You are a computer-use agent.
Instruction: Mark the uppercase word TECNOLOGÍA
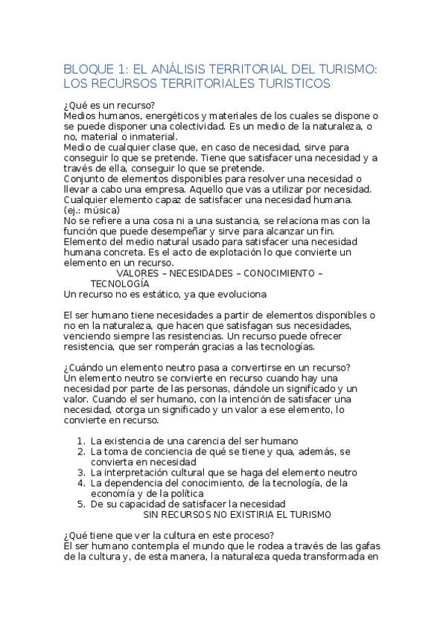pyautogui.click(x=119, y=284)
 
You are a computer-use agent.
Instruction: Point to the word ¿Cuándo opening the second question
pyautogui.click(x=87, y=368)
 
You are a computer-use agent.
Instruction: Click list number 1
pyautogui.click(x=80, y=441)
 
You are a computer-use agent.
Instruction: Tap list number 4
pyautogui.click(x=80, y=482)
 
